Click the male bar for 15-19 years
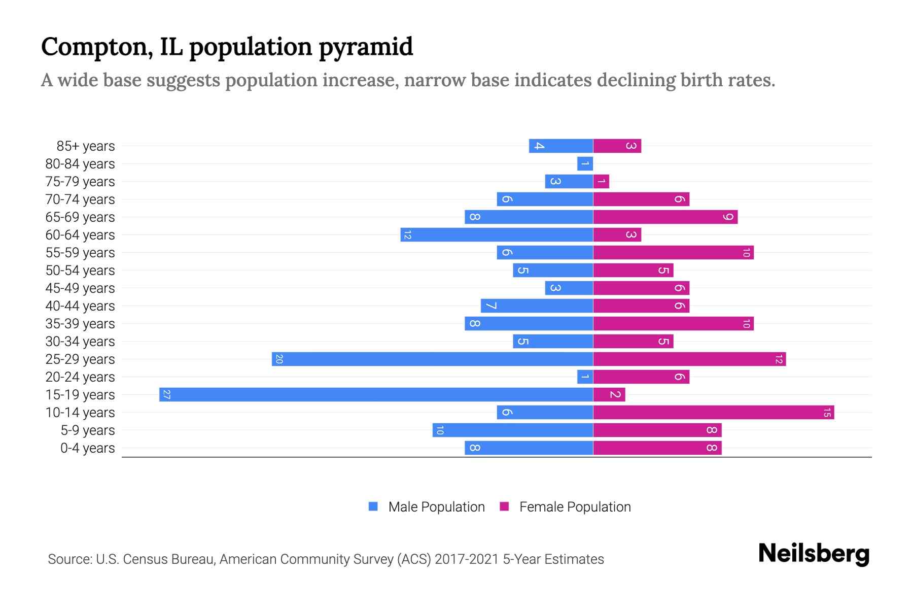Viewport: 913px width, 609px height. (x=375, y=394)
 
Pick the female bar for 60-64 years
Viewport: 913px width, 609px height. (x=616, y=234)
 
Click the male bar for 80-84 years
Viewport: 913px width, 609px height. (x=585, y=163)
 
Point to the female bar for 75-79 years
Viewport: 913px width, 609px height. (x=601, y=181)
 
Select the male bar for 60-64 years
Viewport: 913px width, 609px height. (x=497, y=234)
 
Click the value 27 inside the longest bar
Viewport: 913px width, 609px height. (x=166, y=394)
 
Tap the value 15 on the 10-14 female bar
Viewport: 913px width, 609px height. (x=827, y=412)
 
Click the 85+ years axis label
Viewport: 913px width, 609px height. (x=85, y=146)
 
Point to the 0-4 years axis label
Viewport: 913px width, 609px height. (x=87, y=448)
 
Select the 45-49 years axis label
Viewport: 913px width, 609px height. (x=80, y=288)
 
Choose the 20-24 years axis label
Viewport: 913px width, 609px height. (x=80, y=377)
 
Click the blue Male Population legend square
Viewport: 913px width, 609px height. (x=373, y=506)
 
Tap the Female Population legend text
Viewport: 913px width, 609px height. (x=575, y=507)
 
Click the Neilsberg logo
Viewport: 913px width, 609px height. (x=814, y=554)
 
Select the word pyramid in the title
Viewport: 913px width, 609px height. (x=366, y=47)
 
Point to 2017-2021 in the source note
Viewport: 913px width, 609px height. (x=467, y=559)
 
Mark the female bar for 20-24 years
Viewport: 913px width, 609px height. (x=641, y=377)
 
